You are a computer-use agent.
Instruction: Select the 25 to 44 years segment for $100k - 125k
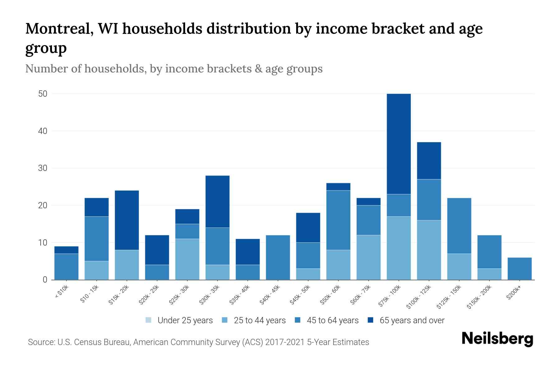pyautogui.click(x=429, y=250)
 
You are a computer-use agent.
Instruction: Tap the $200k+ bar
pyautogui.click(x=520, y=269)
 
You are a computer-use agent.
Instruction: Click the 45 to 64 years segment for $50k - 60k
pyautogui.click(x=338, y=220)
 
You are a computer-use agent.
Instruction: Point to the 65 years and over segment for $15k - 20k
pyautogui.click(x=127, y=220)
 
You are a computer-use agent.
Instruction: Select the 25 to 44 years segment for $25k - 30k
pyautogui.click(x=187, y=259)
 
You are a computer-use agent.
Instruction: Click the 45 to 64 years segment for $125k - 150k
pyautogui.click(x=459, y=226)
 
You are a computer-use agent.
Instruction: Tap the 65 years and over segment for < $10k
pyautogui.click(x=66, y=250)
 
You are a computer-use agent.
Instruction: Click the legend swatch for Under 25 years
pyautogui.click(x=148, y=320)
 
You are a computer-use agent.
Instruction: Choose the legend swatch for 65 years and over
pyautogui.click(x=371, y=320)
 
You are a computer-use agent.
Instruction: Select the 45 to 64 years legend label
pyautogui.click(x=333, y=320)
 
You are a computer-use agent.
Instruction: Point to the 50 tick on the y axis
pyautogui.click(x=43, y=94)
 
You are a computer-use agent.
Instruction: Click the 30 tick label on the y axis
pyautogui.click(x=43, y=168)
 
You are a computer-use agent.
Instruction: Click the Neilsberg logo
pyautogui.click(x=497, y=339)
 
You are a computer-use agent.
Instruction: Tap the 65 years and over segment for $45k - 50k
pyautogui.click(x=308, y=228)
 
